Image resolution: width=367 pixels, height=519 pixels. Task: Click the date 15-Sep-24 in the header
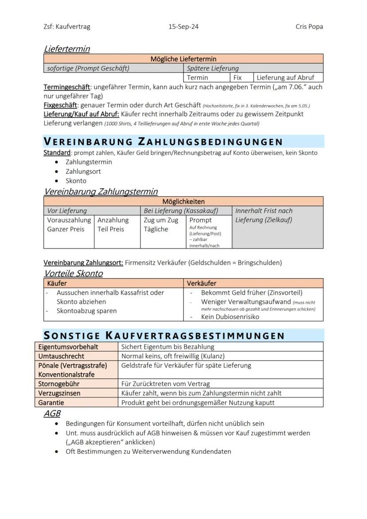[183, 27]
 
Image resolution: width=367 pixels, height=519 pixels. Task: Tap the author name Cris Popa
[309, 27]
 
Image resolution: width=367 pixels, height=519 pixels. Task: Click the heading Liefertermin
[66, 49]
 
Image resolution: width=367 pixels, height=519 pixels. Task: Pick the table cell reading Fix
[238, 78]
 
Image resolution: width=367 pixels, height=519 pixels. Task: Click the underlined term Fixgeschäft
[60, 105]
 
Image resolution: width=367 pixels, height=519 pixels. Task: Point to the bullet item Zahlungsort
[83, 172]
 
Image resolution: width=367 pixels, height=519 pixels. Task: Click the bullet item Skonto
[76, 181]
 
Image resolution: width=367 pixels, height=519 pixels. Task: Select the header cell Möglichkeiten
[183, 202]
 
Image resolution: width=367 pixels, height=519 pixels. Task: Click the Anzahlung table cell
[113, 220]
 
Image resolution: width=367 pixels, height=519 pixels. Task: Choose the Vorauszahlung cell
[69, 220]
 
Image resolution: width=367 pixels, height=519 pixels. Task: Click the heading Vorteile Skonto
[73, 273]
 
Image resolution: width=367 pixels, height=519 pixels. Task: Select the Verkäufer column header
[202, 283]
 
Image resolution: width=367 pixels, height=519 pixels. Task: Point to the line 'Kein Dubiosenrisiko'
[230, 317]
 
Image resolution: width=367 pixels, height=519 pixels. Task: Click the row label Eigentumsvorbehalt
[68, 347]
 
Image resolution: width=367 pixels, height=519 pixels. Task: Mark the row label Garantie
[51, 403]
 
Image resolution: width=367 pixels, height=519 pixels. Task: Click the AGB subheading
[52, 414]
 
